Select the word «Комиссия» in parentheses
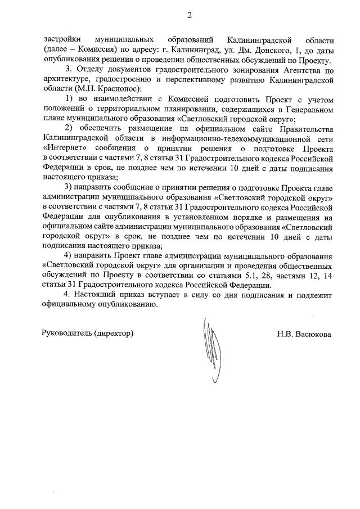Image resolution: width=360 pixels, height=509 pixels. tap(96, 51)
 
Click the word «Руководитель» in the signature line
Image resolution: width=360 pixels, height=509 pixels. tap(67, 334)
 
